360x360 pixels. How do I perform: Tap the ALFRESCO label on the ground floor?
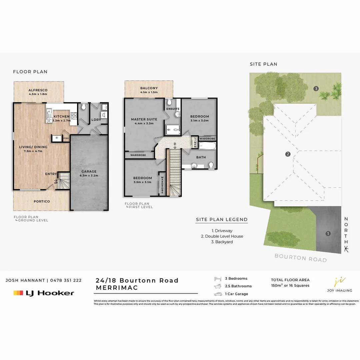point(38,90)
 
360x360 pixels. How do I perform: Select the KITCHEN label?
point(62,116)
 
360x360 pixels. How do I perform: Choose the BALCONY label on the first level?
point(149,88)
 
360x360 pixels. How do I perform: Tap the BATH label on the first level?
point(201,157)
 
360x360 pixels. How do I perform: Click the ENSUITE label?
point(173,109)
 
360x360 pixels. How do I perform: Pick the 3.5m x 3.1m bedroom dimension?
point(142,182)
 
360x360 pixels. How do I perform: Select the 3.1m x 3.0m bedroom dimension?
point(199,121)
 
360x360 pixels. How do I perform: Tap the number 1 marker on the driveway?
point(328,233)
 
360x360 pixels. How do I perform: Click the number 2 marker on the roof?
point(288,154)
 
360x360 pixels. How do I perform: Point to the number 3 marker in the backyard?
point(316,88)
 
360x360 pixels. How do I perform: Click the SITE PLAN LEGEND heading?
point(222,219)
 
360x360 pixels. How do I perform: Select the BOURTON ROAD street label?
point(300,258)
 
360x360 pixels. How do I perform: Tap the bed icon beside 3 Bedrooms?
point(218,278)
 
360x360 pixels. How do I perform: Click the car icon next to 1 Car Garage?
point(218,294)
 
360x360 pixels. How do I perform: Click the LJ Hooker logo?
point(44,293)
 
